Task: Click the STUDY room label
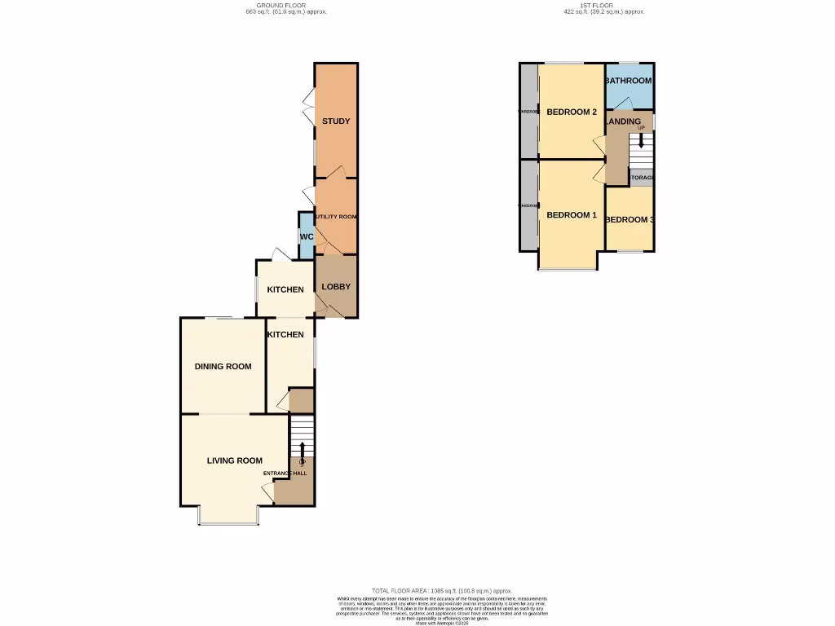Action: click(x=336, y=121)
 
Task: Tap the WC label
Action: click(x=307, y=237)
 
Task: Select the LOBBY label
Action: click(x=336, y=287)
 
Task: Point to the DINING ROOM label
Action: click(x=223, y=367)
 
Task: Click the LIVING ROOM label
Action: click(x=235, y=461)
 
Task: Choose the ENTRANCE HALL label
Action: click(x=285, y=474)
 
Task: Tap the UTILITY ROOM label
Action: click(x=336, y=217)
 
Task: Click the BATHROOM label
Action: click(x=629, y=81)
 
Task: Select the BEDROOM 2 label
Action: click(x=572, y=112)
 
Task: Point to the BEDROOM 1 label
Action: click(x=572, y=215)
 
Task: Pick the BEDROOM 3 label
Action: click(x=630, y=220)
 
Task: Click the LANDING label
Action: click(x=624, y=121)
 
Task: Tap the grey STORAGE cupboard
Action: click(x=641, y=177)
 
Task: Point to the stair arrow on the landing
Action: click(x=641, y=140)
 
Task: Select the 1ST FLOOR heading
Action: click(x=604, y=6)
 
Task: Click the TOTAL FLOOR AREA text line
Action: click(x=441, y=590)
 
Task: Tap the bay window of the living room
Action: click(x=229, y=522)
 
